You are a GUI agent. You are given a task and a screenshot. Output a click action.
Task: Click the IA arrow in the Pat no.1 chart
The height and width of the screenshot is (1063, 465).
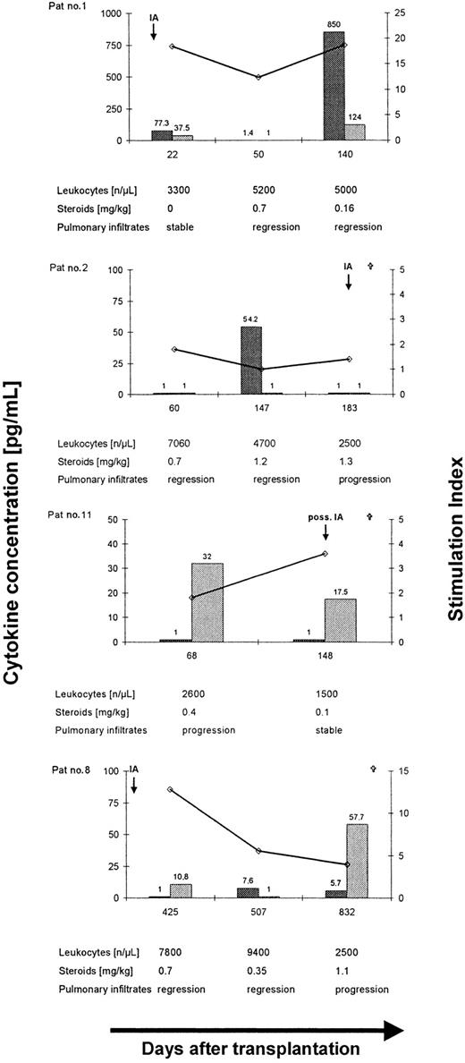(x=154, y=31)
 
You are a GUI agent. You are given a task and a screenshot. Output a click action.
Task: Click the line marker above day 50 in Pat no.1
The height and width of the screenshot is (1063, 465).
(x=258, y=78)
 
